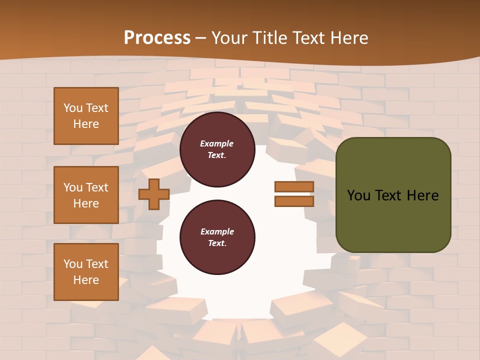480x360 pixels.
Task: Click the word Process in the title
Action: pyautogui.click(x=157, y=38)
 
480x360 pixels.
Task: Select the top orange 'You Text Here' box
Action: pyautogui.click(x=86, y=116)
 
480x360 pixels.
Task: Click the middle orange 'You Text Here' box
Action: pyautogui.click(x=86, y=195)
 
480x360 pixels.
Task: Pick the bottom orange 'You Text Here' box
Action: pyautogui.click(x=86, y=272)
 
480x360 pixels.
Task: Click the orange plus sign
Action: pyautogui.click(x=154, y=194)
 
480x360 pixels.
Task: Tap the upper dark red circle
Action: pyautogui.click(x=217, y=149)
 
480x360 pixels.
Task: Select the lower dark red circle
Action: pyautogui.click(x=217, y=237)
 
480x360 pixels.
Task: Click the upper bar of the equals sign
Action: pyautogui.click(x=294, y=187)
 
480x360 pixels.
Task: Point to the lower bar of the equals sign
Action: pyautogui.click(x=294, y=201)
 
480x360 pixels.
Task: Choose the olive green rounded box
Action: pyautogui.click(x=393, y=195)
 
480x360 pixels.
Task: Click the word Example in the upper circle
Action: pyautogui.click(x=217, y=143)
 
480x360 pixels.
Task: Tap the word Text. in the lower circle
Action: pyautogui.click(x=217, y=243)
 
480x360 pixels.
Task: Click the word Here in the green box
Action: pyautogui.click(x=422, y=195)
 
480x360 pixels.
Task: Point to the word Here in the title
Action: pyautogui.click(x=349, y=38)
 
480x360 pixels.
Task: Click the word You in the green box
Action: pyautogui.click(x=358, y=195)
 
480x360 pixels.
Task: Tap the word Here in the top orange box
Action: pyautogui.click(x=86, y=124)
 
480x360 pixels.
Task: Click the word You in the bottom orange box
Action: pyautogui.click(x=73, y=264)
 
